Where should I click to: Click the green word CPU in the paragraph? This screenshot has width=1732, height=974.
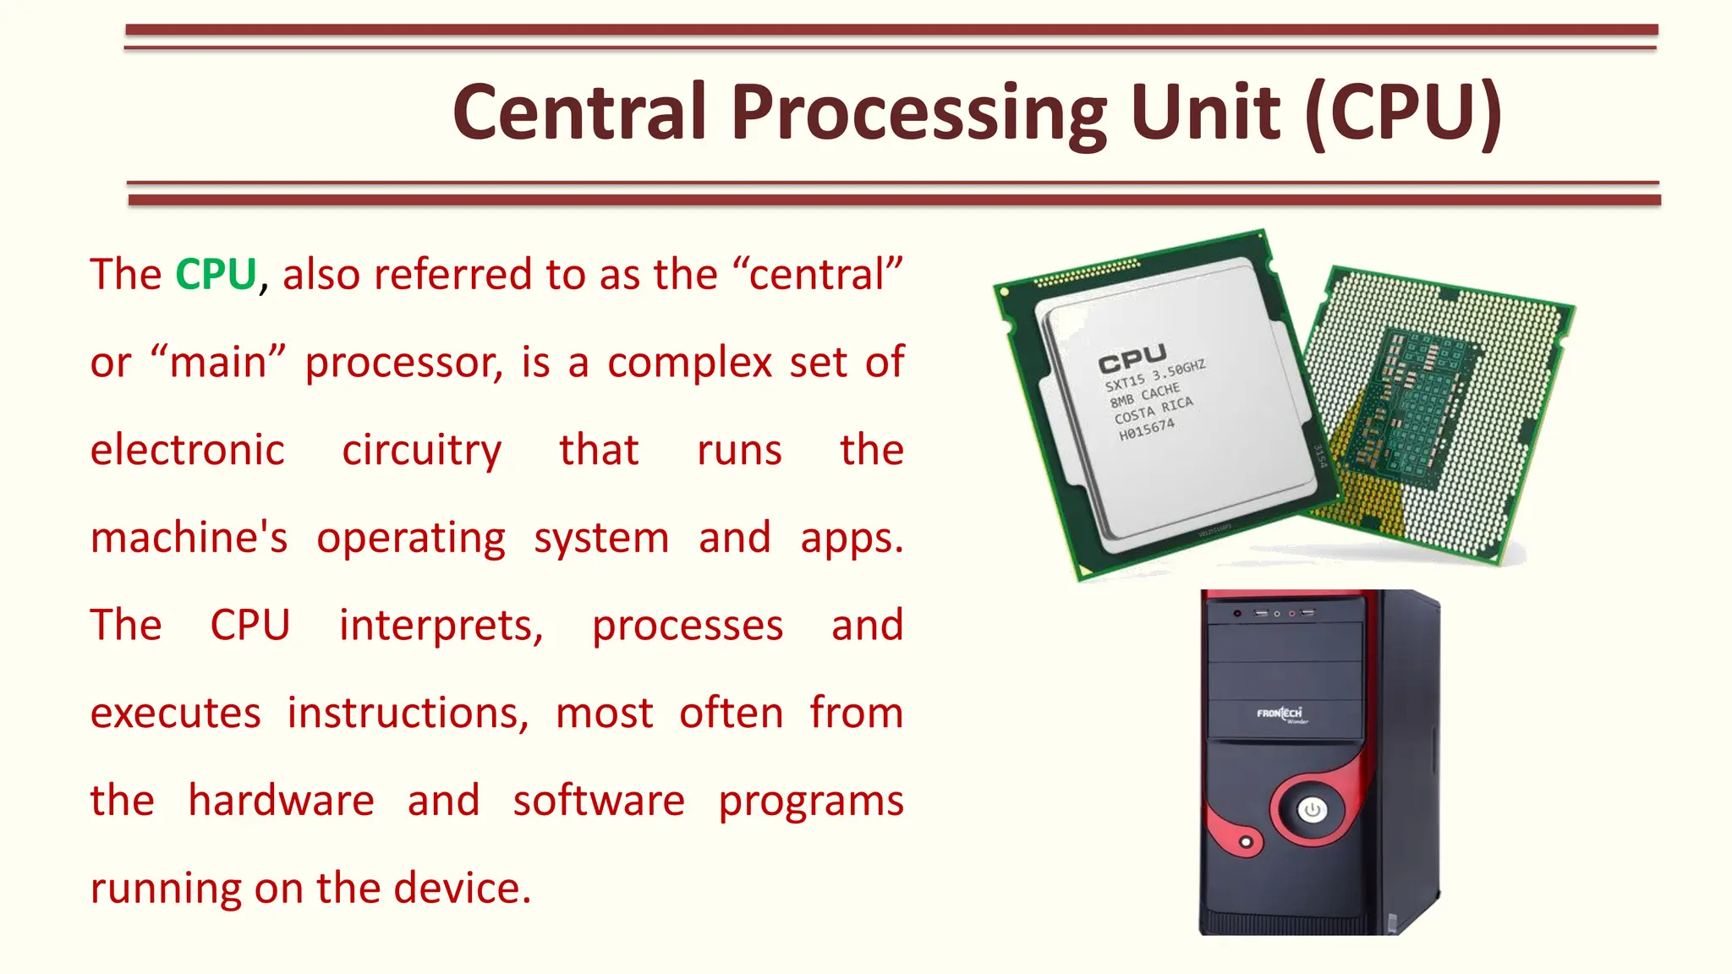(x=216, y=275)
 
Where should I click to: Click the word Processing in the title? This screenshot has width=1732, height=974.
(x=918, y=113)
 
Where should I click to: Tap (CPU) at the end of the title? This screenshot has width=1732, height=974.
(x=1403, y=113)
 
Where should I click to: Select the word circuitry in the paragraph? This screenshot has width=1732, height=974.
(x=421, y=450)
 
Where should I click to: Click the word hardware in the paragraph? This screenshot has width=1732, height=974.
(x=280, y=801)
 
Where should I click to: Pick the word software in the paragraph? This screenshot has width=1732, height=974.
(x=598, y=801)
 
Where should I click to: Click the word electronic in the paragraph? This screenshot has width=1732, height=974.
(x=187, y=450)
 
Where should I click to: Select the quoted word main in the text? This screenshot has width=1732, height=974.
(x=218, y=363)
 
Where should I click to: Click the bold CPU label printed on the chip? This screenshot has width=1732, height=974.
(x=1132, y=359)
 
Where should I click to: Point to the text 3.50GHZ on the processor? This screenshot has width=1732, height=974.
(x=1178, y=371)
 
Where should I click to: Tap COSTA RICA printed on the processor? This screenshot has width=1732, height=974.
(x=1153, y=410)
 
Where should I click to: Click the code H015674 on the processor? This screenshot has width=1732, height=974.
(x=1146, y=430)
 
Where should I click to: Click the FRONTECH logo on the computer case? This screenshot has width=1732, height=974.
(x=1280, y=714)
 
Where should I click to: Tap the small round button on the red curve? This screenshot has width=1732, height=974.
(x=1246, y=842)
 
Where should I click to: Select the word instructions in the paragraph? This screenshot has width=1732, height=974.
(x=408, y=714)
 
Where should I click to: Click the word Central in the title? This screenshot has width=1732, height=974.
(x=580, y=113)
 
